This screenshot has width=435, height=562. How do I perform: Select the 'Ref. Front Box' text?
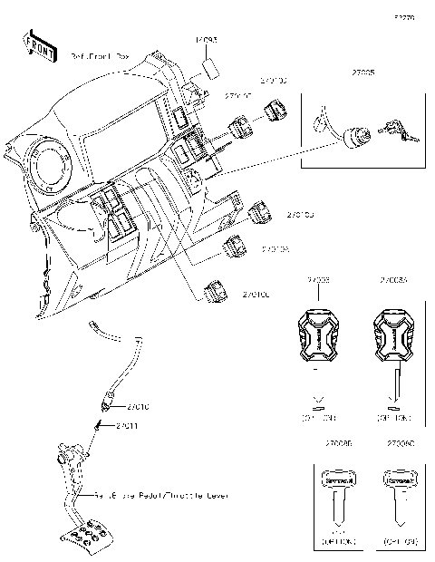coord(100,56)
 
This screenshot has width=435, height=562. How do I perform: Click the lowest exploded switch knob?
coord(218,292)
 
